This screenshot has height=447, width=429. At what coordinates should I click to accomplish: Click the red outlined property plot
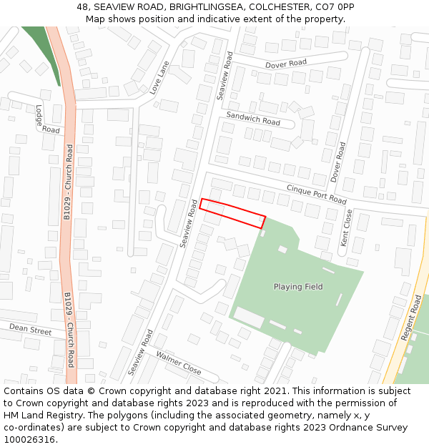(232, 213)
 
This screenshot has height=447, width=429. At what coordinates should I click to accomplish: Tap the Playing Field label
(298, 287)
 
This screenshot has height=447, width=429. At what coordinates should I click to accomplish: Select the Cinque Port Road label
(316, 194)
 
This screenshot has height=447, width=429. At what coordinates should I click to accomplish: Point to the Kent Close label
(346, 228)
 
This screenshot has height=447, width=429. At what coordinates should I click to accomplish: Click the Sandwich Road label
(253, 118)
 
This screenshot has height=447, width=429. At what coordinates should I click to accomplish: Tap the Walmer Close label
(179, 363)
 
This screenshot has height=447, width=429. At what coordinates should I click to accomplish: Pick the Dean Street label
(31, 330)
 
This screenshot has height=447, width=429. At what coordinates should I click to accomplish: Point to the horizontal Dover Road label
(286, 64)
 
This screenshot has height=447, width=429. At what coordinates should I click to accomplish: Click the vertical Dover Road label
(338, 161)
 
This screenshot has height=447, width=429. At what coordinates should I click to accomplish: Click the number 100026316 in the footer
(29, 439)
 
